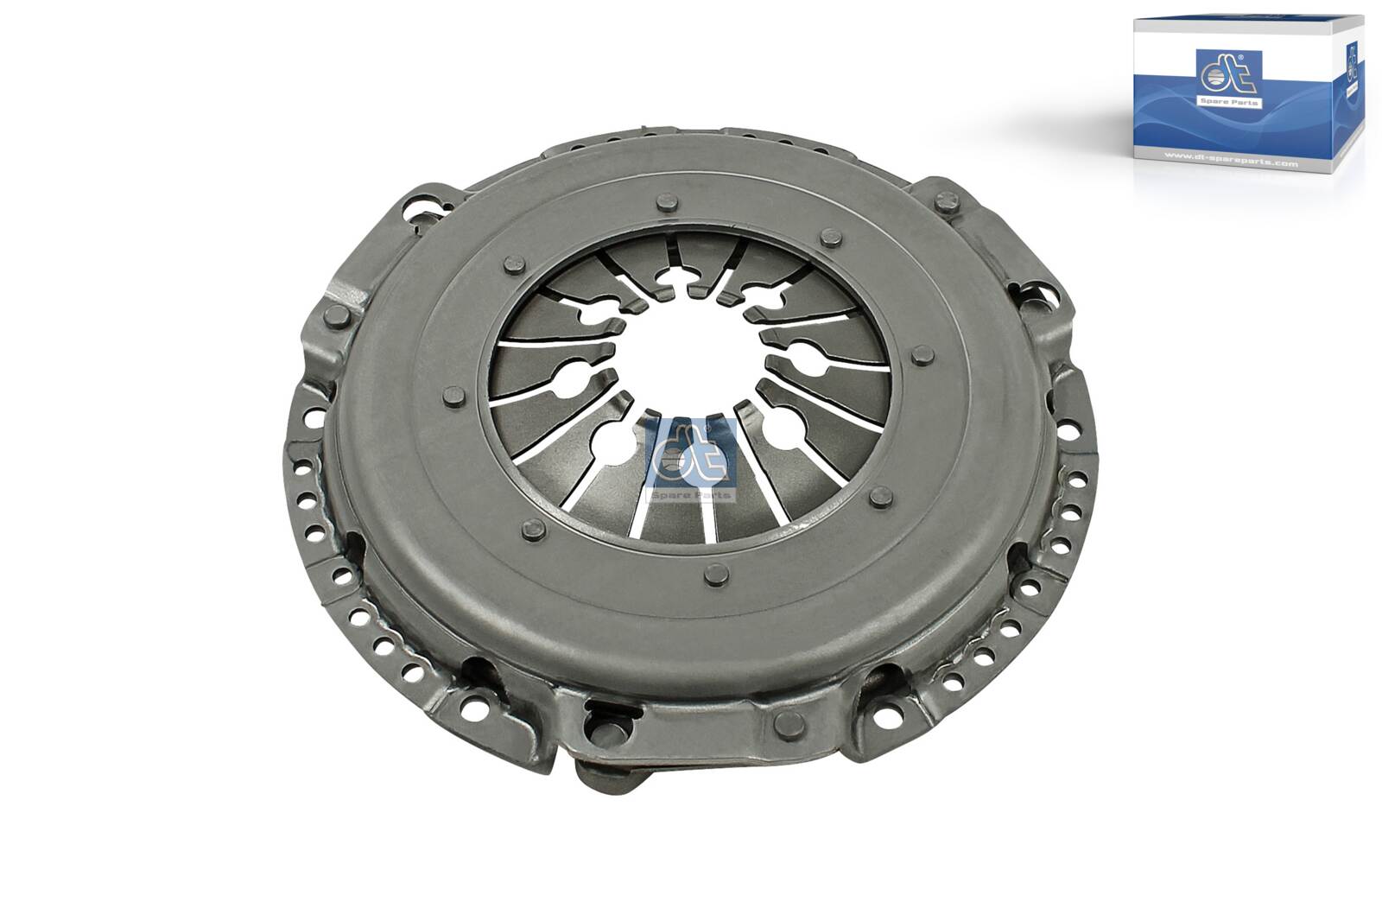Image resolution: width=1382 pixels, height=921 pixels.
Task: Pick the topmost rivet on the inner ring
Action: click(x=666, y=205)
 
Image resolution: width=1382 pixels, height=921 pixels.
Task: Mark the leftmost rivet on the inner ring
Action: click(x=452, y=396)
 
